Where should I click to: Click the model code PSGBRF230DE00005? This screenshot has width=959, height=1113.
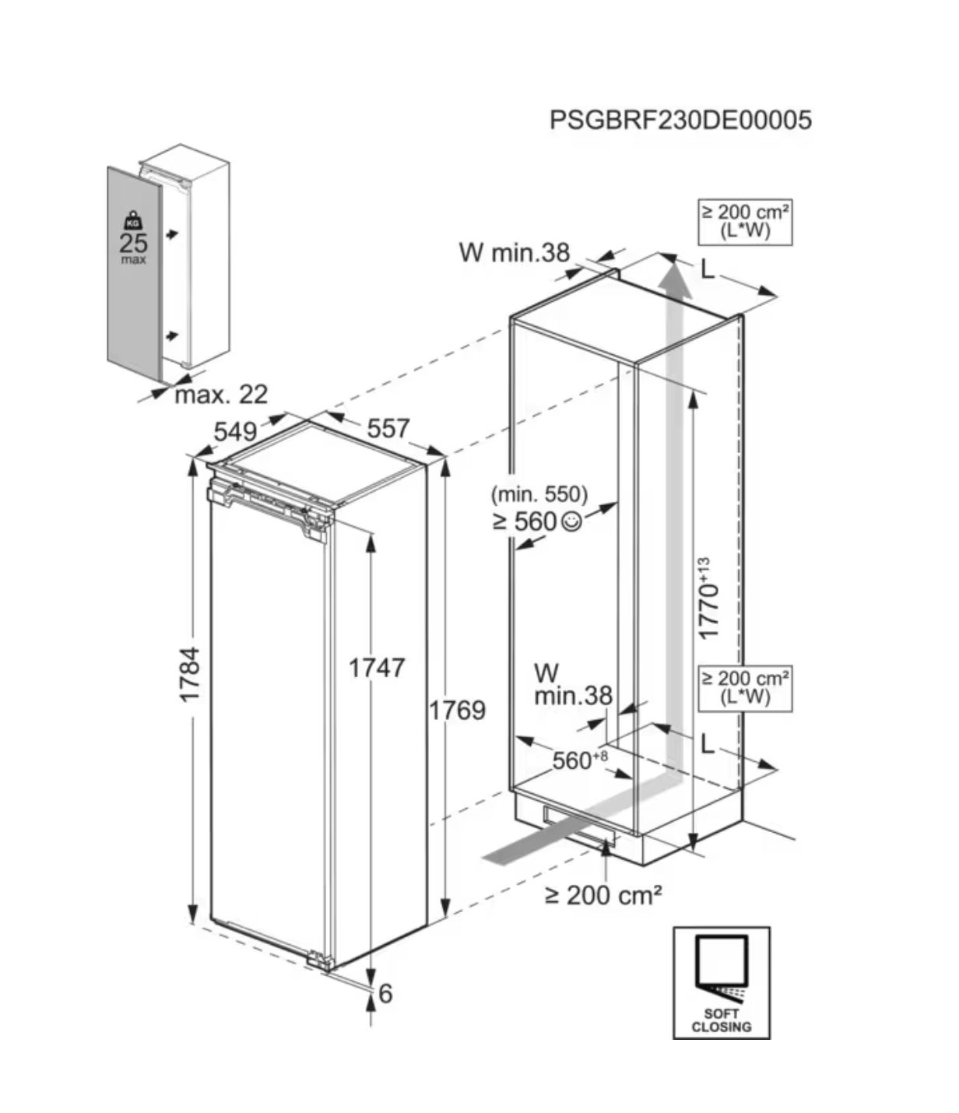click(680, 120)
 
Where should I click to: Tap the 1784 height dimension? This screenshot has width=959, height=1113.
click(191, 674)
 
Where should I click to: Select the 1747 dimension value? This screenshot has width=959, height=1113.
click(377, 668)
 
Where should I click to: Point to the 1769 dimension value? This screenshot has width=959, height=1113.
click(458, 710)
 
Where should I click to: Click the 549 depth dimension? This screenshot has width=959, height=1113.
click(235, 430)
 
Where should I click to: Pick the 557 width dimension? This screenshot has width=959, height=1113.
click(388, 427)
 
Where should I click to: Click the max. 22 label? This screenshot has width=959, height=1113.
click(221, 395)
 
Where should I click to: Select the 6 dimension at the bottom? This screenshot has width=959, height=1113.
click(385, 994)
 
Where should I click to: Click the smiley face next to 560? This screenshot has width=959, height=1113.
click(571, 521)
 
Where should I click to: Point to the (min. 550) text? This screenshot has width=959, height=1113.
click(539, 493)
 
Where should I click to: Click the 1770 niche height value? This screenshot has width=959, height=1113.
click(708, 600)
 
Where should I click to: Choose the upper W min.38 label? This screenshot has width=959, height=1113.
click(515, 252)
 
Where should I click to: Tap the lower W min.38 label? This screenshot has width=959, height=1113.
click(573, 685)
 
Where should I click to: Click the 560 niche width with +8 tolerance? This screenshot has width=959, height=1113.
click(579, 760)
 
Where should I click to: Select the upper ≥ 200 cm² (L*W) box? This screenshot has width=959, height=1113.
click(745, 222)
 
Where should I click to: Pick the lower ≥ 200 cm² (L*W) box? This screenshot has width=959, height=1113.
click(745, 688)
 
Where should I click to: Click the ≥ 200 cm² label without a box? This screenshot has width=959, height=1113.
click(603, 896)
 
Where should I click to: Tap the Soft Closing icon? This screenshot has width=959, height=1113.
click(722, 982)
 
